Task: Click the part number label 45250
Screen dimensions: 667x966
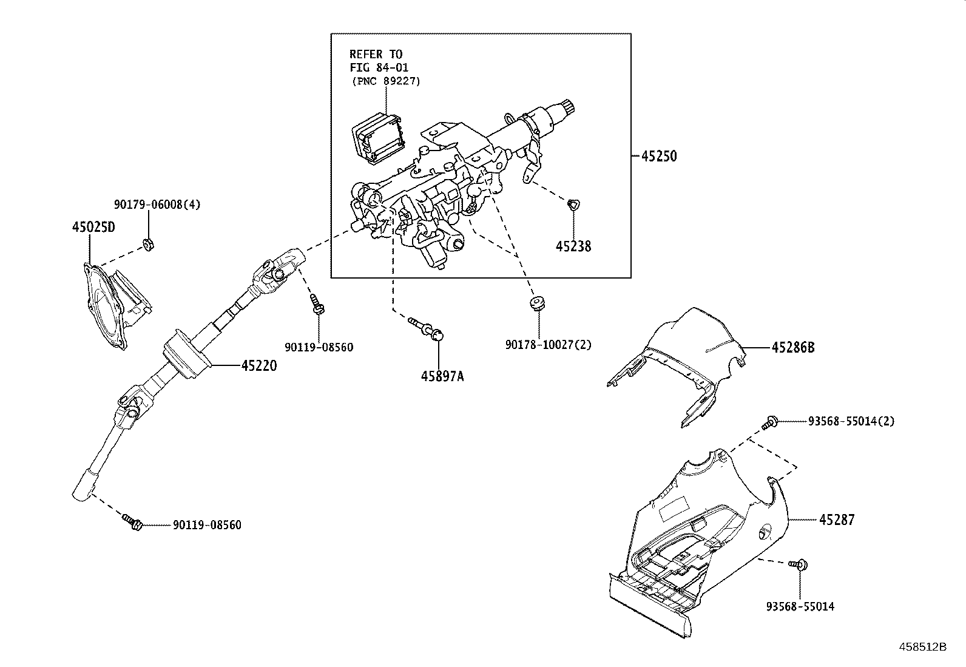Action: (x=659, y=156)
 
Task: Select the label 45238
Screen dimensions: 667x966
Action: (x=573, y=246)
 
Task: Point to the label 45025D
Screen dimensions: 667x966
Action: (x=93, y=227)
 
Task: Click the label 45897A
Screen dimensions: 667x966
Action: (x=442, y=376)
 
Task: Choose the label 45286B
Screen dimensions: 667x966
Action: (x=792, y=347)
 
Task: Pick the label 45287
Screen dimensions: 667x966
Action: (x=837, y=520)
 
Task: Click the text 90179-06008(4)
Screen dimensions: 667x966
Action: (x=157, y=205)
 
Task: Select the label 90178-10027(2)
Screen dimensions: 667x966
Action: (x=548, y=345)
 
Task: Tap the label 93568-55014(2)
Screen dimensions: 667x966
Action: (x=851, y=421)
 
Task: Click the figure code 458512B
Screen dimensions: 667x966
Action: (x=923, y=646)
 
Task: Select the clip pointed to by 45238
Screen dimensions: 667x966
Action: (x=572, y=205)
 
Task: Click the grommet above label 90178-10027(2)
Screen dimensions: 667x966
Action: (x=536, y=302)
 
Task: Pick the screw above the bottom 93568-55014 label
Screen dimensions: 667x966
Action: (x=799, y=565)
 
